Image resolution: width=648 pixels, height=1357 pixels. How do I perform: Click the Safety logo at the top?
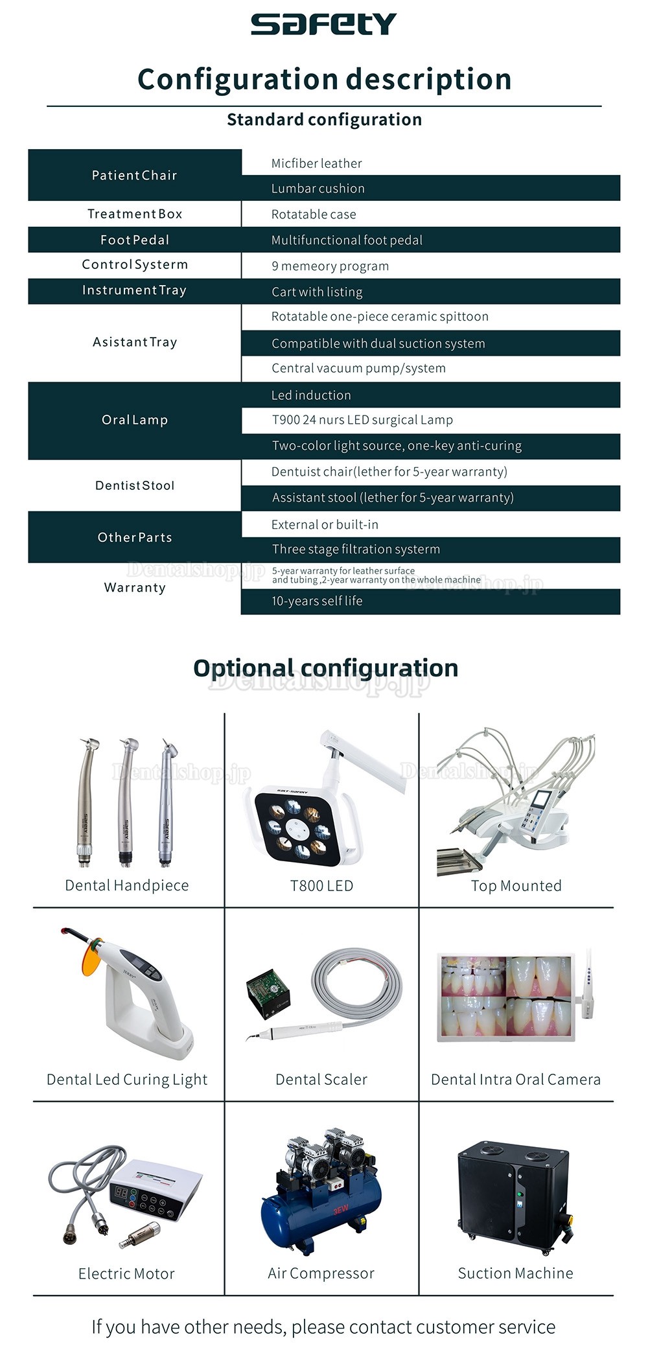tap(323, 24)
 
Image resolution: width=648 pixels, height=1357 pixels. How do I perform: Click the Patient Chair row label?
tap(134, 175)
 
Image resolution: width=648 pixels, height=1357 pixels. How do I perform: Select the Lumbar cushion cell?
tap(318, 189)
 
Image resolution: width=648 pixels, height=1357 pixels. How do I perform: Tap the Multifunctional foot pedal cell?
tap(347, 240)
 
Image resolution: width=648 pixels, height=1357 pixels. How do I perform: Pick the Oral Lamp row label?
tap(134, 420)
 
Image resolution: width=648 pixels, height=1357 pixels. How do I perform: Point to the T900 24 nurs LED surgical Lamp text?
tap(362, 420)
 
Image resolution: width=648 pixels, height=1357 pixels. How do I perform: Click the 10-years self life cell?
tap(317, 601)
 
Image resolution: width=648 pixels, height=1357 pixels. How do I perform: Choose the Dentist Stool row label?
tap(134, 485)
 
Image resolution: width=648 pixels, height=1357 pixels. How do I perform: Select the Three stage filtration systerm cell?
tap(356, 550)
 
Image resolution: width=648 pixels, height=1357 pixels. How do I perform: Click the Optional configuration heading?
tap(325, 668)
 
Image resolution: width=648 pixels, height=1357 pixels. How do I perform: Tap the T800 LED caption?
tap(321, 886)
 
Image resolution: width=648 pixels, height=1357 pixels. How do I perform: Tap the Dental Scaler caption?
tap(321, 1080)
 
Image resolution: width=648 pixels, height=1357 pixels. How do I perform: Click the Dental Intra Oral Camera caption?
tap(516, 1080)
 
